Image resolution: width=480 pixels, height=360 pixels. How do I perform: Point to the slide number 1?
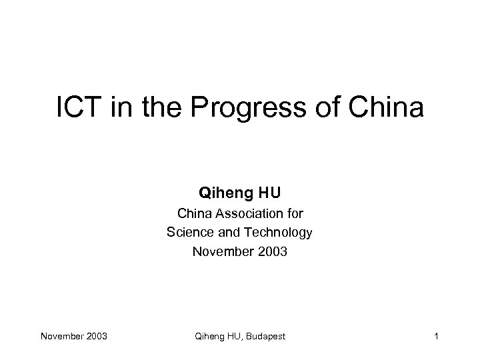tap(435, 336)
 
